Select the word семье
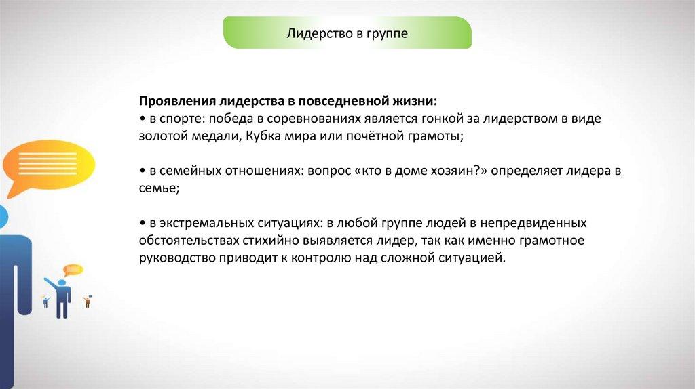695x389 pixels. click(159, 188)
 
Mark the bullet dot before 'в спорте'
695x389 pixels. click(143, 119)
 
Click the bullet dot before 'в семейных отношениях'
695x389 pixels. click(143, 171)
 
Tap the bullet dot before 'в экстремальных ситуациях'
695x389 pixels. click(143, 224)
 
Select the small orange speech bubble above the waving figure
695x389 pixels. click(73, 270)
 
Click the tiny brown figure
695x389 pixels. click(88, 302)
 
